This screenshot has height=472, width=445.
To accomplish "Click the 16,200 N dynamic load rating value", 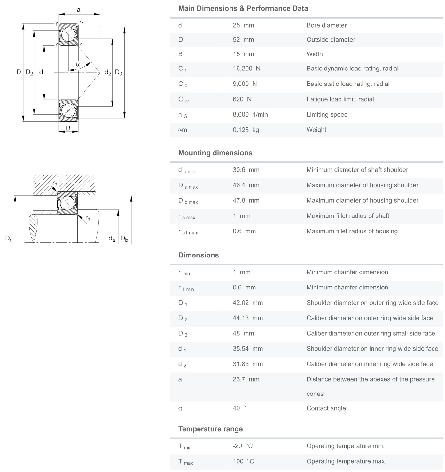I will [246, 69].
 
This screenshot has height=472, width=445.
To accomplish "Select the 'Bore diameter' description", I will [326, 25].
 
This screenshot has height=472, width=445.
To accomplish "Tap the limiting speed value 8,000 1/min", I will [250, 115].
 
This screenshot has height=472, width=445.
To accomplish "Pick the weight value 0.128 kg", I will [246, 130].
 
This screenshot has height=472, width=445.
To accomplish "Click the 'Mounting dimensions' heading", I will [215, 153].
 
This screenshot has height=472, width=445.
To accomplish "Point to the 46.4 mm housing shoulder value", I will [246, 185].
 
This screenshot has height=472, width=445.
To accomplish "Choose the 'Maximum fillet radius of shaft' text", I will [348, 216].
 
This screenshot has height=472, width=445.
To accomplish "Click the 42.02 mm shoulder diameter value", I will [247, 303].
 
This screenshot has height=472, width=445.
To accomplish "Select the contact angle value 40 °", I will [239, 408].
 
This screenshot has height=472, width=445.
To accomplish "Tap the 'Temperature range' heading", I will [210, 429].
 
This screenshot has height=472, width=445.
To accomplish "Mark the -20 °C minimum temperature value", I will [243, 446].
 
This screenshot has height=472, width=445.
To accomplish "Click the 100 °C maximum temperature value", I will [243, 461].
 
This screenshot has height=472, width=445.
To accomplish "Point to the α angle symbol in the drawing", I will [78, 64].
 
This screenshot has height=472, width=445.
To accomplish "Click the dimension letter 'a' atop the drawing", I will [79, 10].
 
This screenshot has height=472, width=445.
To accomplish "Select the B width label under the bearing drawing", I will [68, 128].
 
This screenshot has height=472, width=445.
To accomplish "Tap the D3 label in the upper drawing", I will [119, 73].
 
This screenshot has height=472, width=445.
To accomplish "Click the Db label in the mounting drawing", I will [124, 239].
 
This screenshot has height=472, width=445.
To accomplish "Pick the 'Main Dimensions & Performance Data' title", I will [243, 9].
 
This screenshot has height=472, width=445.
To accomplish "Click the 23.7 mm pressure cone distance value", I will [246, 379].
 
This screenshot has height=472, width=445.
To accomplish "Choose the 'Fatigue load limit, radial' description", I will [340, 99].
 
